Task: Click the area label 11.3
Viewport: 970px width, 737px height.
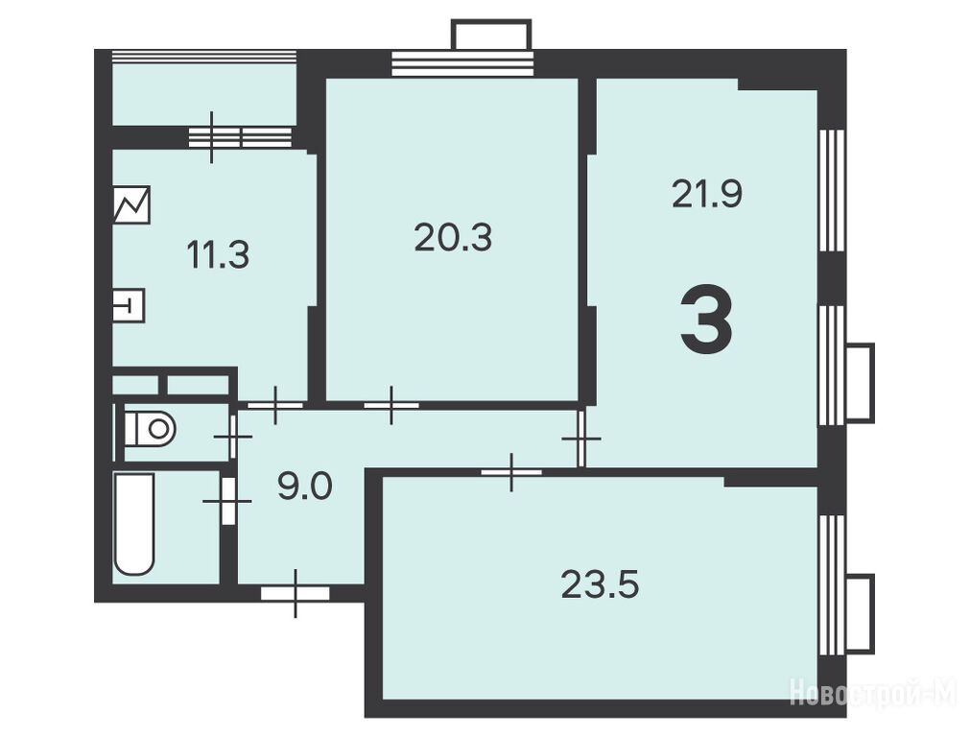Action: tap(218, 255)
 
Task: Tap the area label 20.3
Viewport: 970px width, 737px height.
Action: tap(453, 238)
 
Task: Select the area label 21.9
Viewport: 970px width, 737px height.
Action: tap(707, 194)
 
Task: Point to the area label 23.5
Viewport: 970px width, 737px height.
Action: tap(600, 584)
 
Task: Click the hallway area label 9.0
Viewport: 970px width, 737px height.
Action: tap(304, 486)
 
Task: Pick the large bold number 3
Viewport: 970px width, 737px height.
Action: tap(706, 320)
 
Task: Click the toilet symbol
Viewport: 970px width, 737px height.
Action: tap(151, 428)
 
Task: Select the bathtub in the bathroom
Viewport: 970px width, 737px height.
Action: tap(133, 524)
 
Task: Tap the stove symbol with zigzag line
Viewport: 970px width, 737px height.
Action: tap(131, 204)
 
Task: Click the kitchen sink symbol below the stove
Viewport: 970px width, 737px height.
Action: tap(129, 305)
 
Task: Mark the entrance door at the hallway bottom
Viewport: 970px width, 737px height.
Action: tap(296, 593)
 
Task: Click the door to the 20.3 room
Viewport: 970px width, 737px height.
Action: tap(390, 405)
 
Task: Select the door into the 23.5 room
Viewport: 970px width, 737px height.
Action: tap(511, 472)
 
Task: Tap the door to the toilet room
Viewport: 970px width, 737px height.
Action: tap(233, 437)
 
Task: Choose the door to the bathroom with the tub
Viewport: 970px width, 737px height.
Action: tap(228, 500)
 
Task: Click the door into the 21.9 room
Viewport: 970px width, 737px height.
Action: tap(580, 439)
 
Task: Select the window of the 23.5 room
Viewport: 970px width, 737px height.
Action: tap(833, 584)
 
